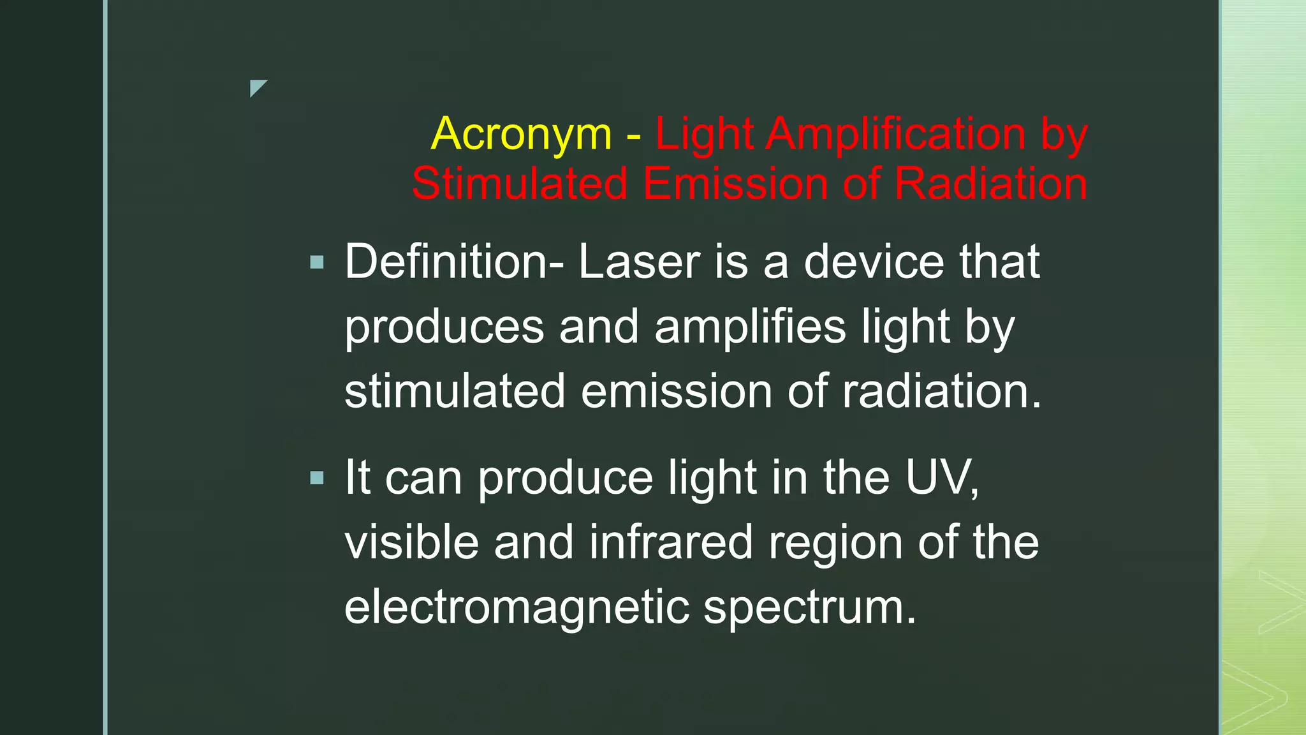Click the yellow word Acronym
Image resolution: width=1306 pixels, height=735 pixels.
point(521,135)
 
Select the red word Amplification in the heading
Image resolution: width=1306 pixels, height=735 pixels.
point(895,135)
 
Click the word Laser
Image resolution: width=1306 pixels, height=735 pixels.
point(639,262)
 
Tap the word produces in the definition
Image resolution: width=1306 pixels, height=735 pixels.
point(444,327)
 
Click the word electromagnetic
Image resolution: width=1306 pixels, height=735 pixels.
point(517,607)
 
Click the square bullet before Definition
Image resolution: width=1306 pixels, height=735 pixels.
point(317,262)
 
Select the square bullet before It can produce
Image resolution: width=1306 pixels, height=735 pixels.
point(317,478)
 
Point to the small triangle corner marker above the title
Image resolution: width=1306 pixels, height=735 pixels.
point(256,87)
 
